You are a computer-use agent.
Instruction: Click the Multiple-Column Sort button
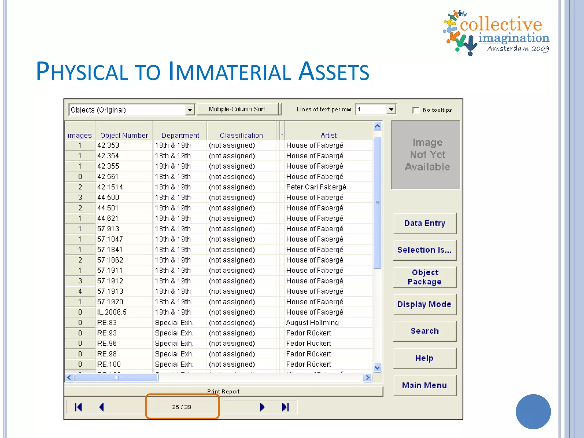tap(237, 109)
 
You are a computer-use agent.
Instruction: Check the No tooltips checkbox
tap(416, 110)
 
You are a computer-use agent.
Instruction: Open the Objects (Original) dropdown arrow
tap(190, 110)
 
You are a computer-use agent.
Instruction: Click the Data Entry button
tap(425, 223)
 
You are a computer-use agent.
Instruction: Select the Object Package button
tap(425, 277)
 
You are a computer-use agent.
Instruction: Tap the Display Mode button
tap(425, 304)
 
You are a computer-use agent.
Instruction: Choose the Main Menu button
tap(425, 386)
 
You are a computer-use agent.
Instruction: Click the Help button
tap(425, 358)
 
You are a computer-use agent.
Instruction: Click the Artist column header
tap(328, 135)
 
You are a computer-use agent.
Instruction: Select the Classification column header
tap(241, 135)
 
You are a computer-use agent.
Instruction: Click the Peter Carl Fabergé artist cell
tap(316, 187)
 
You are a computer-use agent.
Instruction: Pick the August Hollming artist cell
tap(313, 323)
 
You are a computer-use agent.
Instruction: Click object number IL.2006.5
tap(112, 312)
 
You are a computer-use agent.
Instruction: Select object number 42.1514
tap(110, 187)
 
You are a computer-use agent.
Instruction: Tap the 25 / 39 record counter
tap(182, 407)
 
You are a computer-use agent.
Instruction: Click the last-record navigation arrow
tap(285, 407)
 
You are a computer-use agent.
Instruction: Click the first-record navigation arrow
tap(78, 407)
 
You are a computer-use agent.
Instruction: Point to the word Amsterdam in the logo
tap(508, 49)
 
